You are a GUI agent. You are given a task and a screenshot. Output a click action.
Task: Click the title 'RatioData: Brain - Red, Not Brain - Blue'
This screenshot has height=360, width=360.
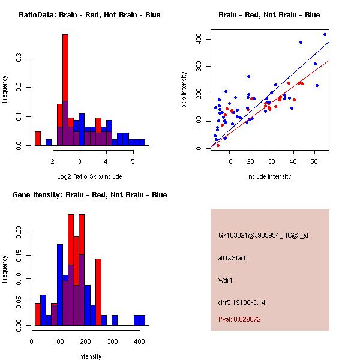[89, 15]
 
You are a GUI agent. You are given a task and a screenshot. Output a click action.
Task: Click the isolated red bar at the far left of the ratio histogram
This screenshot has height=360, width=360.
[38, 139]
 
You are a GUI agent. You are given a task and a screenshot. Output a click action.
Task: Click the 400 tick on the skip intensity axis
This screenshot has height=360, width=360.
[198, 39]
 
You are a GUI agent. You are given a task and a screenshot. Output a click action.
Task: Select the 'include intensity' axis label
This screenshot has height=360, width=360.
[269, 176]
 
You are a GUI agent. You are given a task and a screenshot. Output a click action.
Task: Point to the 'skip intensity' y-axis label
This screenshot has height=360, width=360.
[184, 90]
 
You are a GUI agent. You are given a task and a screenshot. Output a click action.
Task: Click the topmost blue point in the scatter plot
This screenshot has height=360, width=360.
[325, 34]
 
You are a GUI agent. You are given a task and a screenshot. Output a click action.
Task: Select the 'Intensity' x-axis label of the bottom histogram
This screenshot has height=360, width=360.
[90, 356]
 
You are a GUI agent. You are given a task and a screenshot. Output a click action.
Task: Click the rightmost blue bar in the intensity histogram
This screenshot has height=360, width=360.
[139, 320]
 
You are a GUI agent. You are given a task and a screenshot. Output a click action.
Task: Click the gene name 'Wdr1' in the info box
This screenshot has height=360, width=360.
[226, 280]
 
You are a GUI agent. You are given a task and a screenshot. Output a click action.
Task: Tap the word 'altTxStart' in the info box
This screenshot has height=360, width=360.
[232, 259]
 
